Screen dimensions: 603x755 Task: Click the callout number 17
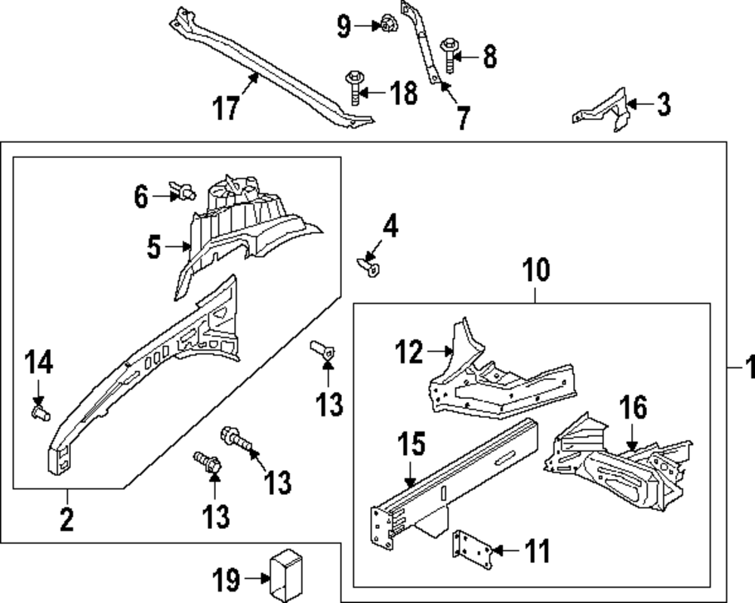(x=226, y=108)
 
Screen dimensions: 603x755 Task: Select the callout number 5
(x=154, y=247)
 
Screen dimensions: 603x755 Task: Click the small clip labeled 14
(x=39, y=411)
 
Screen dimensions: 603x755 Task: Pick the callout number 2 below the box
(x=66, y=519)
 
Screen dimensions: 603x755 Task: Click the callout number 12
(x=411, y=352)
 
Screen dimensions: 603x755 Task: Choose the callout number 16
(x=633, y=409)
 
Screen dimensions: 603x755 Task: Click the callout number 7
(x=461, y=118)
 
